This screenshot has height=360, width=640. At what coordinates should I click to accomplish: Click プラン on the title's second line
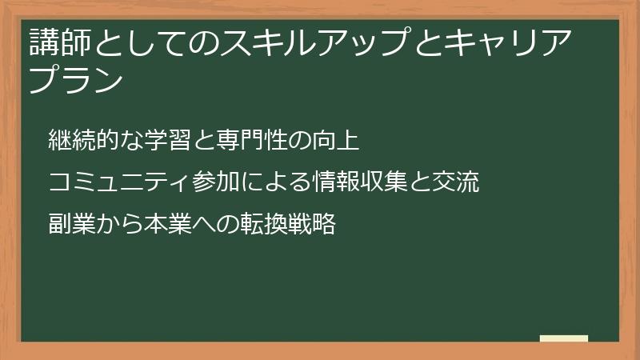point(76,81)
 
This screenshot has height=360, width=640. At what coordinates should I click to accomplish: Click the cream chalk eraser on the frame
point(563,338)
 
